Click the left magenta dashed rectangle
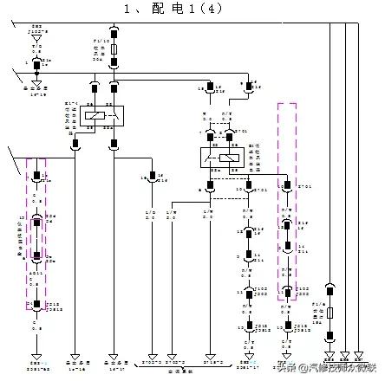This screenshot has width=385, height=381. tap(36, 234)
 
